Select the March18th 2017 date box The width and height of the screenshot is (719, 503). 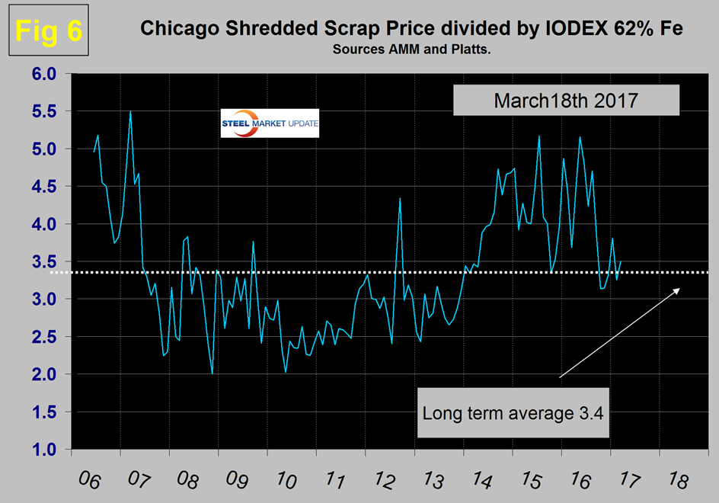566,100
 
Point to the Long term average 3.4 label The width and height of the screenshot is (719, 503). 516,414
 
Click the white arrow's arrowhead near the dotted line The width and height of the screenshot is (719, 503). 677,290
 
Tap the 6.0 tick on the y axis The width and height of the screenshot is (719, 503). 44,75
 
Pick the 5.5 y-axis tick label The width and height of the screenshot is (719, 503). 44,112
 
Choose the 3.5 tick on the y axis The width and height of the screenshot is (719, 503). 44,262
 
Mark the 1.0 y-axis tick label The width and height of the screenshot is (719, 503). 44,450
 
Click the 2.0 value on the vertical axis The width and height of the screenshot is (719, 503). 44,375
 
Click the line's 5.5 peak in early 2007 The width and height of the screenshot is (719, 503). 131,111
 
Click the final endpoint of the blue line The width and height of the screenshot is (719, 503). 621,261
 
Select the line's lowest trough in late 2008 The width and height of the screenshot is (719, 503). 212,373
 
